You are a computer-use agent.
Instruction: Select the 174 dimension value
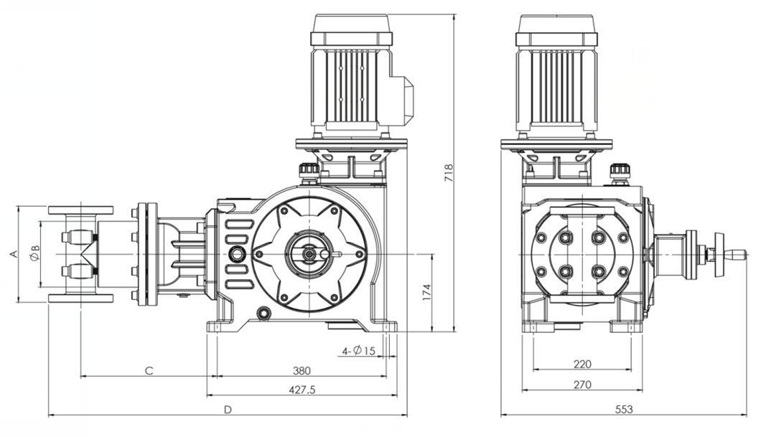pyautogui.click(x=426, y=292)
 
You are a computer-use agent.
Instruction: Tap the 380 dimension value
pyautogui.click(x=302, y=371)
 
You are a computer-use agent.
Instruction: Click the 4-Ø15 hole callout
pyautogui.click(x=359, y=351)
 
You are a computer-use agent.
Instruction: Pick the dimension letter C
pyautogui.click(x=149, y=371)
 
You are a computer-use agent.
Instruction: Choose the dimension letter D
pyautogui.click(x=228, y=410)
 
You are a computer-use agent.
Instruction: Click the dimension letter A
pyautogui.click(x=12, y=254)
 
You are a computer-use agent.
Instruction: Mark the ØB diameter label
pyautogui.click(x=34, y=253)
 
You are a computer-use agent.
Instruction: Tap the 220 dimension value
pyautogui.click(x=582, y=365)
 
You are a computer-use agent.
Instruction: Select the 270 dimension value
pyautogui.click(x=582, y=385)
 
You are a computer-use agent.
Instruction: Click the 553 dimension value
pyautogui.click(x=624, y=410)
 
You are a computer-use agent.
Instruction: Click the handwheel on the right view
pyautogui.click(x=719, y=254)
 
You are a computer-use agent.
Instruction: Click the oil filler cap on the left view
pyautogui.click(x=309, y=171)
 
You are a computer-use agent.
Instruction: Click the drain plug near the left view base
pyautogui.click(x=264, y=313)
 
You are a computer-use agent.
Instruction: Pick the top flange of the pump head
pyautogui.click(x=80, y=210)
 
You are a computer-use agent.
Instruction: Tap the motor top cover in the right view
pyautogui.click(x=556, y=24)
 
